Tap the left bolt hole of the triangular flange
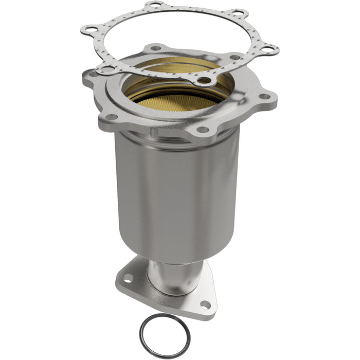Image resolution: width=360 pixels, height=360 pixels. pos(128,278)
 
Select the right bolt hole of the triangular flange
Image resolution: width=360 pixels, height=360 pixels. pos(204,304)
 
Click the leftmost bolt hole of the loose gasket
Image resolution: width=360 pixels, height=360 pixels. pos(89,29)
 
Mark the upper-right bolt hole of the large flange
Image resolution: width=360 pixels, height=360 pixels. pos(234,58)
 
